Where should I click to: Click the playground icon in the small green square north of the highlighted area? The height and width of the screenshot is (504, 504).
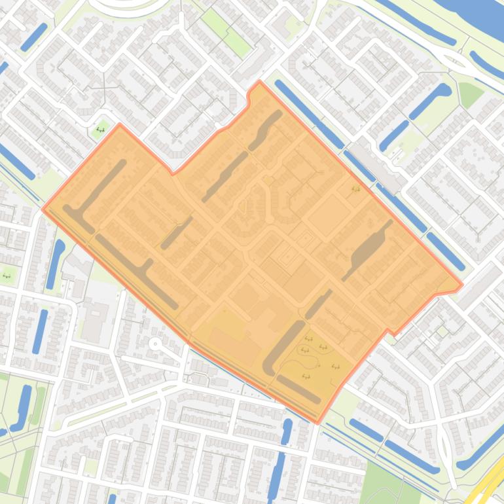point(101,129)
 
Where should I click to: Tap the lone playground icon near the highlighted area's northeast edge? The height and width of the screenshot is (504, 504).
point(356,189)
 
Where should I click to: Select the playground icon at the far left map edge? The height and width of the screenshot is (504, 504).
point(7,275)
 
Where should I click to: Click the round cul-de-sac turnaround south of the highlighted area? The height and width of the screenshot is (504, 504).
point(155,343)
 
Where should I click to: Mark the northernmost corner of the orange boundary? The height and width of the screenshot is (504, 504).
point(260,82)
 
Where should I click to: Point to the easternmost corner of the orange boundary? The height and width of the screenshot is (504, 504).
point(462,285)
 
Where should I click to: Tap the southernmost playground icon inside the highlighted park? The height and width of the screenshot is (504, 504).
point(306,376)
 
